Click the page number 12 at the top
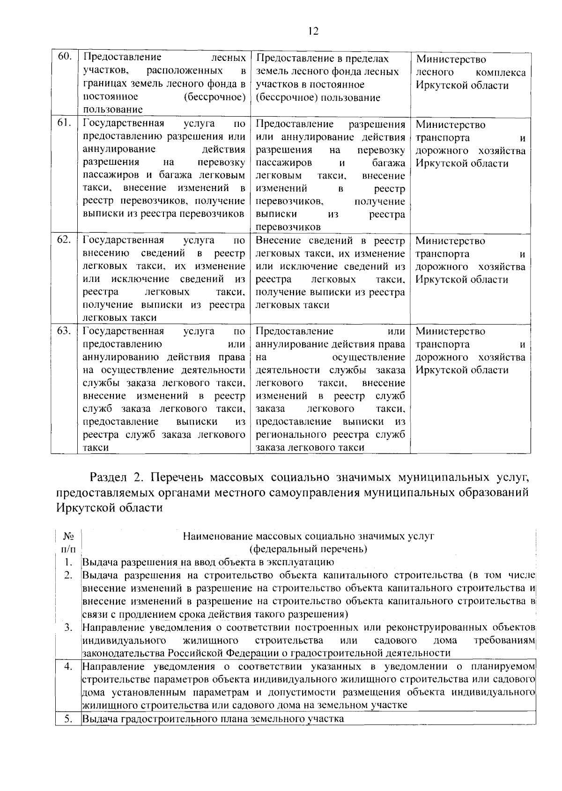[313, 31]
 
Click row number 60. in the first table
[64, 57]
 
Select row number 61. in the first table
[64, 123]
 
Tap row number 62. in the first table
[64, 239]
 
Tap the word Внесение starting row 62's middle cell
[278, 241]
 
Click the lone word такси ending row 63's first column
[96, 447]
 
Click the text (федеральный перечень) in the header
[308, 548]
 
